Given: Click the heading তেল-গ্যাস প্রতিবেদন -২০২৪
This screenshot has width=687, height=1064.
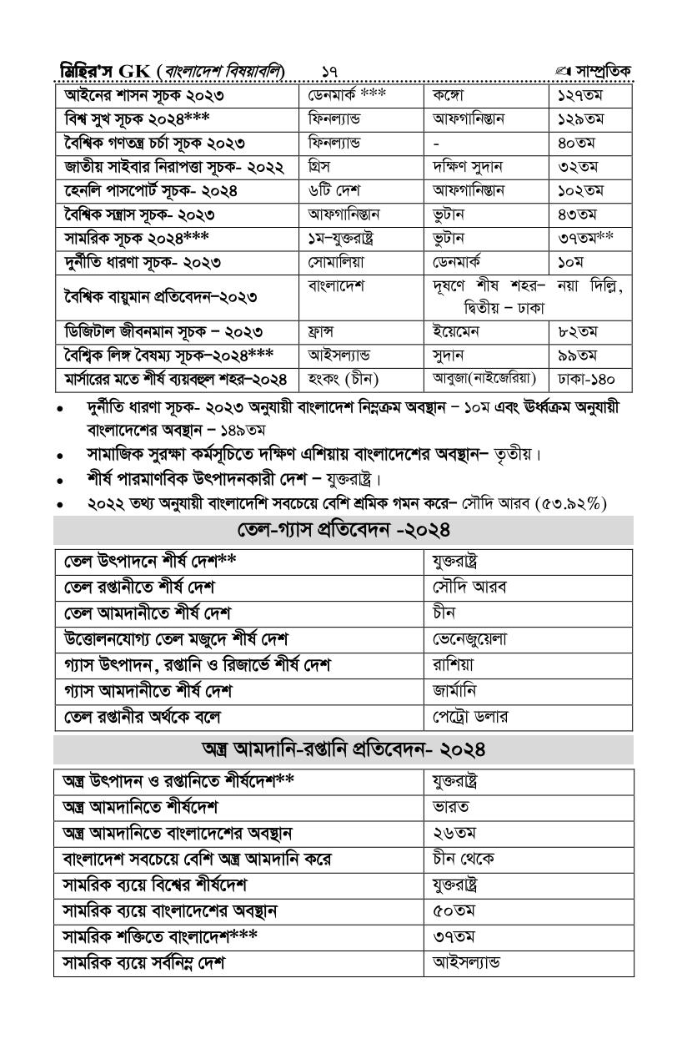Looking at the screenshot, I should coord(343,530).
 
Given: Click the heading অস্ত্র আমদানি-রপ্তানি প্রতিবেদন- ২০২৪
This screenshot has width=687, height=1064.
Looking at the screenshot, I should coord(343,749).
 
